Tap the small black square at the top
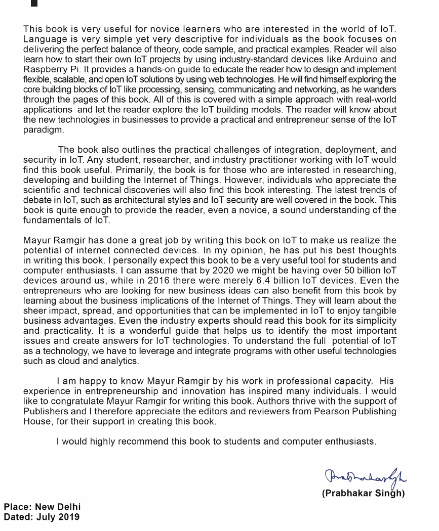(34, 3)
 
